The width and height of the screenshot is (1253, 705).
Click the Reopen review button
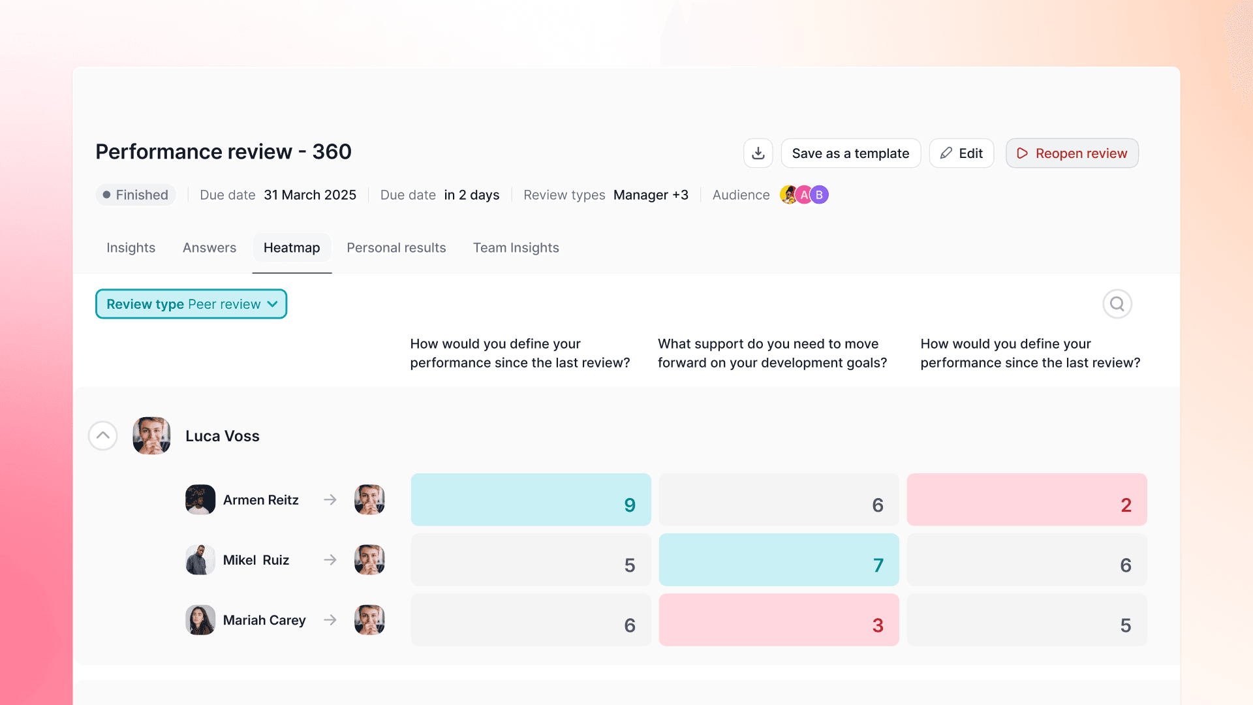[1072, 153]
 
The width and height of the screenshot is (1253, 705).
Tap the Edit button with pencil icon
[961, 153]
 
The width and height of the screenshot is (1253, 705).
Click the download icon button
[758, 153]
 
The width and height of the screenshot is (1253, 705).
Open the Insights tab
[131, 248]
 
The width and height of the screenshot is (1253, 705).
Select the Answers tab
[209, 248]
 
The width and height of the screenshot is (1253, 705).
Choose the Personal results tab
[396, 248]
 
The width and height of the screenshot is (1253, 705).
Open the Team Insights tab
[516, 248]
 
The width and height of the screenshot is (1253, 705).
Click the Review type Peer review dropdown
[191, 304]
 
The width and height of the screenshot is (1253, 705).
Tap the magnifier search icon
[1117, 304]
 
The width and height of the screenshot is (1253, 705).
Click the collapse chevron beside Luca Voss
[103, 436]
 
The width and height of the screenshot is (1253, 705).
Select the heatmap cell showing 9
[531, 500]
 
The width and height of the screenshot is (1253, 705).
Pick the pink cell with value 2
[1026, 500]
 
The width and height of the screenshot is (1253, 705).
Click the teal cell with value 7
[779, 560]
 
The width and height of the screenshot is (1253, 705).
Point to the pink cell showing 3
[779, 620]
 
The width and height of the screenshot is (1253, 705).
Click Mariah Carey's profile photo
[200, 620]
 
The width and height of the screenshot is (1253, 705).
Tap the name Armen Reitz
[260, 500]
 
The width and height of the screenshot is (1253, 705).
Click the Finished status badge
[136, 195]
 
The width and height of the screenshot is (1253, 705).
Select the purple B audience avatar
[820, 195]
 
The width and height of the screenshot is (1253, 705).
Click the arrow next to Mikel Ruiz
[330, 560]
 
